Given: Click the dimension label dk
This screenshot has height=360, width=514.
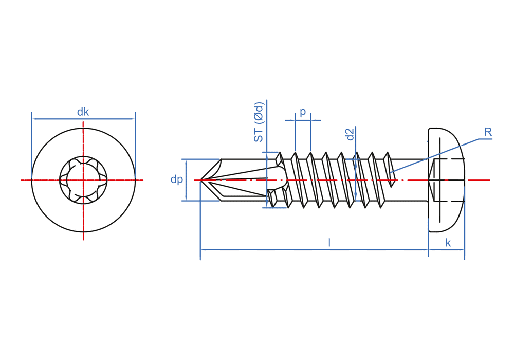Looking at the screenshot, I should pos(83,112).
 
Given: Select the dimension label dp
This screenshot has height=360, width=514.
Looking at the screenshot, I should pos(176,179).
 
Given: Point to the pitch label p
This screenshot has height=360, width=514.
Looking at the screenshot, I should pos(303,112).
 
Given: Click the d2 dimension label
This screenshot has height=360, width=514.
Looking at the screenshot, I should pos(350,135).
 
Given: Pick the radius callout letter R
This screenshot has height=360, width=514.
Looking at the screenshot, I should pos(488,132).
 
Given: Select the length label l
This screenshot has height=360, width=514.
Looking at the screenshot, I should pos(329,243).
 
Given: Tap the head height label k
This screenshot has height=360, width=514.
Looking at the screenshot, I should pos(448,243).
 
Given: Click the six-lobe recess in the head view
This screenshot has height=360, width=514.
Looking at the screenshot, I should pos(83,180).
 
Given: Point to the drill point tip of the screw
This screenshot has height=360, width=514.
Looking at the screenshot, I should pos(201,180).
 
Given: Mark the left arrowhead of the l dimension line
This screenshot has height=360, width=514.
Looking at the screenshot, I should pos(203,250).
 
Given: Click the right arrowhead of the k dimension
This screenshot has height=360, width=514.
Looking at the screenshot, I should pos(462,250).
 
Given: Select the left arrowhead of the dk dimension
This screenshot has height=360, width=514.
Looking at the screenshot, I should pos(34,119).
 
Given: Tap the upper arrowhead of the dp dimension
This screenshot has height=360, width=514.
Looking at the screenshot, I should pos(186,163).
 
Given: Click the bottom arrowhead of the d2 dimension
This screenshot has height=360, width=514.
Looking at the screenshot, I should pos(356,197).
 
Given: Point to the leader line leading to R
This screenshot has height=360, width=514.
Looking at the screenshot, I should pos(437,154).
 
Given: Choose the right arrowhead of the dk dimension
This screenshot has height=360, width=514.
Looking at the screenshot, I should pos(132,119).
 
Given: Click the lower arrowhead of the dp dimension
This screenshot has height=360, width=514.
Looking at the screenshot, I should pos(186,197).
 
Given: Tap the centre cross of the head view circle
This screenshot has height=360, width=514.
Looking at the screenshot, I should pos(83,180).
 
